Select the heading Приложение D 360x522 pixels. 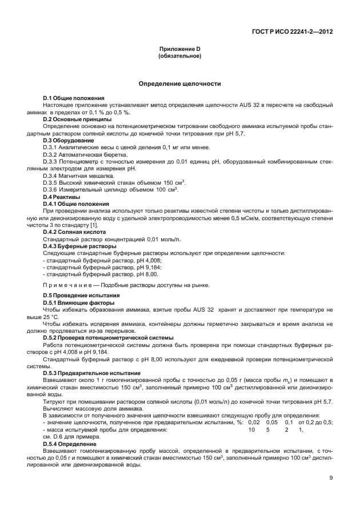pos(179,50)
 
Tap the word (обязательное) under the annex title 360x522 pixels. pos(179,56)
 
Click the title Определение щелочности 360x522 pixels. pos(179,83)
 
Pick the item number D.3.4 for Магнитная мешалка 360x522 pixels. pos(51,175)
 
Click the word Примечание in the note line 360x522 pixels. pos(67,285)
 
